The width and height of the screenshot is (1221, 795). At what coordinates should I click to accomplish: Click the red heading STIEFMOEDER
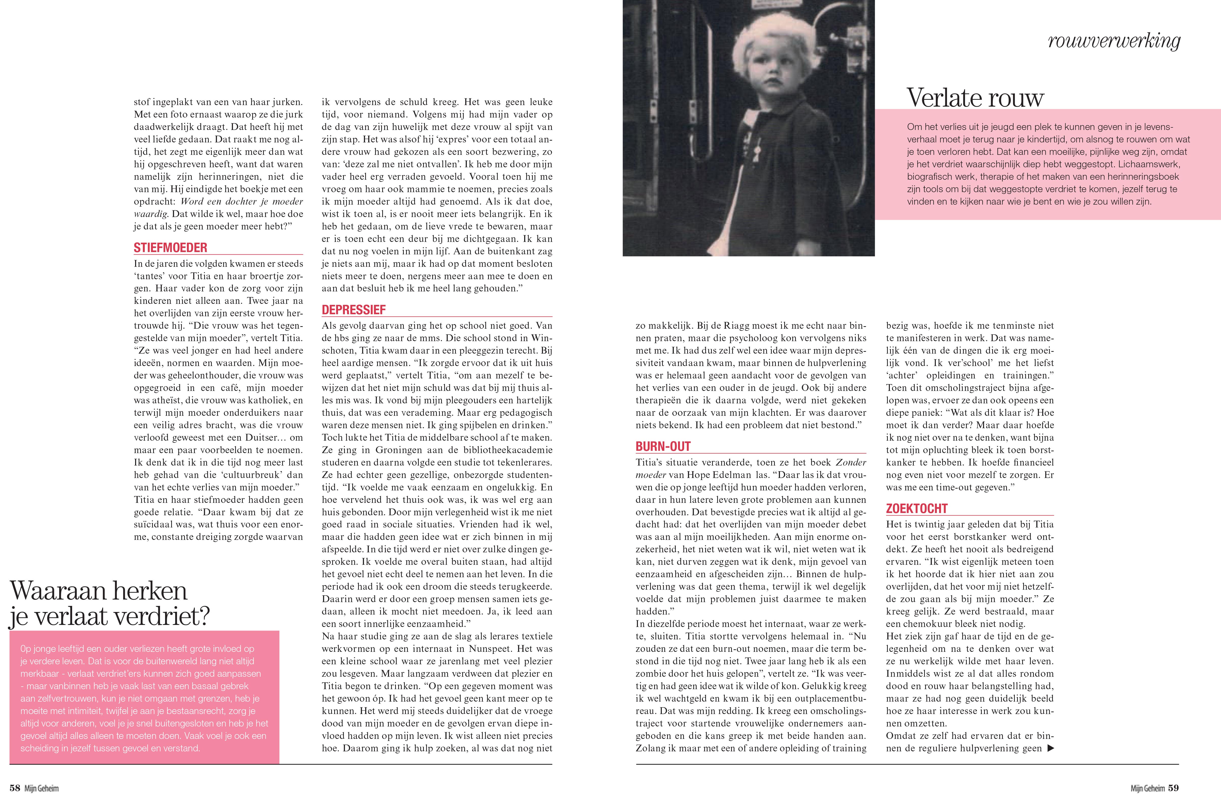pyautogui.click(x=170, y=248)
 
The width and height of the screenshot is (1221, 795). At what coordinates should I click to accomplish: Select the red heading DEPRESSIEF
pyautogui.click(x=354, y=310)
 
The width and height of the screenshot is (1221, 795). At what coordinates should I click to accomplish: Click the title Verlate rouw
pyautogui.click(x=975, y=97)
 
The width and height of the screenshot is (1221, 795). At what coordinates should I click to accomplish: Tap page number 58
pyautogui.click(x=15, y=788)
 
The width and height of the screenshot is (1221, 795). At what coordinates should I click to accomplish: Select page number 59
pyautogui.click(x=1173, y=788)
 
